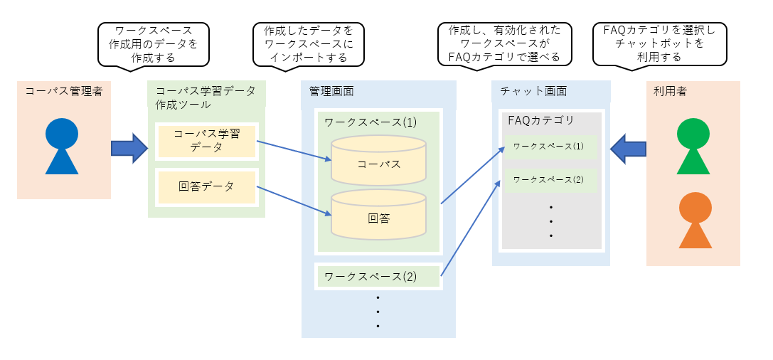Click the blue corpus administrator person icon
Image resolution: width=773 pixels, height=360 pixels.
point(62,146)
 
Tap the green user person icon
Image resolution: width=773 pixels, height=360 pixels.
point(693,147)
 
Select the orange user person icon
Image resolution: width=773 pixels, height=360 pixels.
point(695,220)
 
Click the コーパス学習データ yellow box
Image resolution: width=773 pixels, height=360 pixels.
point(207,141)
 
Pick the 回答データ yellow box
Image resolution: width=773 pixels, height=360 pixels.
point(207,187)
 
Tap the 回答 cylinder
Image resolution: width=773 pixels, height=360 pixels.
point(379,215)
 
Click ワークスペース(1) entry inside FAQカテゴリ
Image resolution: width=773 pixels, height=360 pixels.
point(548,147)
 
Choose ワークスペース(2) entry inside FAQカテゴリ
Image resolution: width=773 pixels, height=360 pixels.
point(548,180)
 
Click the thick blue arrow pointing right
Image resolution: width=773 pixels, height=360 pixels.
point(129,148)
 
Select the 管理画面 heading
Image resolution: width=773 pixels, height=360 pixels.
point(331,91)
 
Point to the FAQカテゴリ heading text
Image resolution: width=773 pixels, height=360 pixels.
point(541,120)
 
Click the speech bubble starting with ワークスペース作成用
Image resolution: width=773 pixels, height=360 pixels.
point(154,43)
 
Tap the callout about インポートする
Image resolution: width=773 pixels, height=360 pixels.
point(308,43)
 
